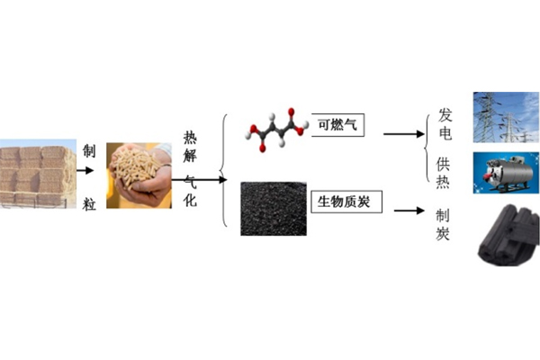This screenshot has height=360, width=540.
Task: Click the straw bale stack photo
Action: tap(35, 175)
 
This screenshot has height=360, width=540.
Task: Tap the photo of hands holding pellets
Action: tap(139, 175)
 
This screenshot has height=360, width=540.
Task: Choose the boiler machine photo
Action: tap(500, 173)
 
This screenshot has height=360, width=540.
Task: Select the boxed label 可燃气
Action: tap(337, 125)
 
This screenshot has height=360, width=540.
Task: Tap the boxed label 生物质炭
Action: tap(346, 202)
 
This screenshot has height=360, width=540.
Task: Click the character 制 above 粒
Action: tap(87, 150)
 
